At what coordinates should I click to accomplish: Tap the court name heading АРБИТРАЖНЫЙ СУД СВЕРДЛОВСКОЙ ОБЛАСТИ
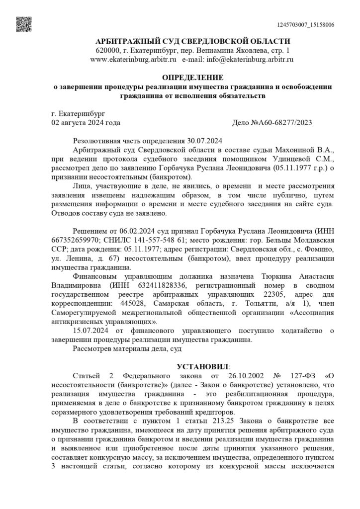[193, 41]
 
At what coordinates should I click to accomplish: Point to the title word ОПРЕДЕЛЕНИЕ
[193, 78]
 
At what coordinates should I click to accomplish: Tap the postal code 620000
[108, 50]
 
